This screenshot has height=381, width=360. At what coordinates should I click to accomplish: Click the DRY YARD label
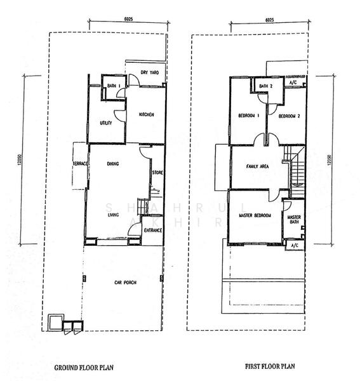pyautogui.click(x=149, y=72)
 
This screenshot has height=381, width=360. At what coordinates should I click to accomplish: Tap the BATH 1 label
pyautogui.click(x=114, y=86)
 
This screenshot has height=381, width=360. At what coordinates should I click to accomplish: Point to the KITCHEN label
pyautogui.click(x=147, y=114)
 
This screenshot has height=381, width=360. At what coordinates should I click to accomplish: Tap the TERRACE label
pyautogui.click(x=79, y=164)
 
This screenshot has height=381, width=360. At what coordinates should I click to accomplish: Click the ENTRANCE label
pyautogui.click(x=152, y=230)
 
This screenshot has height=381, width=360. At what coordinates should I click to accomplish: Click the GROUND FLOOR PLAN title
pyautogui.click(x=83, y=367)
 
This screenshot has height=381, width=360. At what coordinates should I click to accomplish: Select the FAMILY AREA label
pyautogui.click(x=258, y=166)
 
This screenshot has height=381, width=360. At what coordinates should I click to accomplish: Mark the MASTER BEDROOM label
pyautogui.click(x=255, y=216)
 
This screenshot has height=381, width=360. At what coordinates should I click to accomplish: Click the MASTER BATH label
pyautogui.click(x=293, y=219)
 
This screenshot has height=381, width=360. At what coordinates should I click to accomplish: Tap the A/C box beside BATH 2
pyautogui.click(x=293, y=83)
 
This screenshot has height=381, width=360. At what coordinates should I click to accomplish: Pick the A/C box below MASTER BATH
pyautogui.click(x=295, y=245)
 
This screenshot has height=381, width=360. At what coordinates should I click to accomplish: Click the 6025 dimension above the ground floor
pyautogui.click(x=128, y=20)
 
